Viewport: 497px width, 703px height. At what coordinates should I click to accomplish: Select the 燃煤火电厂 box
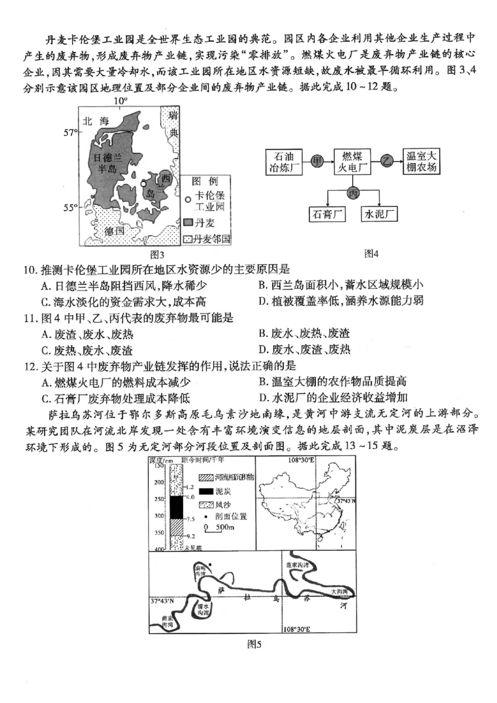351,161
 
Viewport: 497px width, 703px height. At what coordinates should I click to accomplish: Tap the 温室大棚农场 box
422,161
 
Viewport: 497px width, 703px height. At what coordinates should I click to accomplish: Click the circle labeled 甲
317,161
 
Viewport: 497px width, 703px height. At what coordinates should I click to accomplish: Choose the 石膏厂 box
327,214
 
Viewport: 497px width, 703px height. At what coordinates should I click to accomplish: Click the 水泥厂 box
379,214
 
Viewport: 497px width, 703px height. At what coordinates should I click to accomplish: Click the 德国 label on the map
115,231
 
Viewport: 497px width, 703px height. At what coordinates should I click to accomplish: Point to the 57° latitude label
70,132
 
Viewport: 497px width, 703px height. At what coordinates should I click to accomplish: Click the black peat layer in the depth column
176,507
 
